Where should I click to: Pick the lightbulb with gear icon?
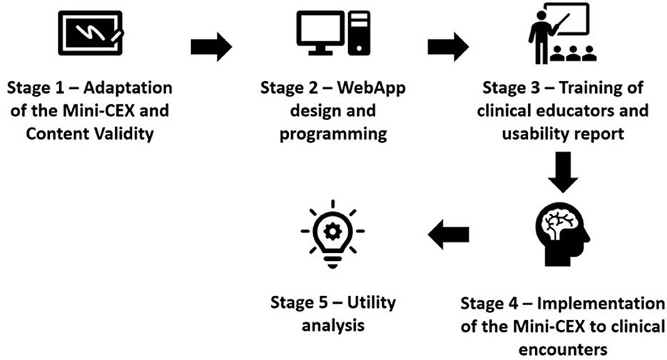(x=332, y=232)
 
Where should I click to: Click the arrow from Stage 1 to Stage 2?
(x=211, y=47)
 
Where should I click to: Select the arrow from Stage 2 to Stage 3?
(x=448, y=47)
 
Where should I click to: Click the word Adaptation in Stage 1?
(x=131, y=89)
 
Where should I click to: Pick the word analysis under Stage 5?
(x=333, y=326)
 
